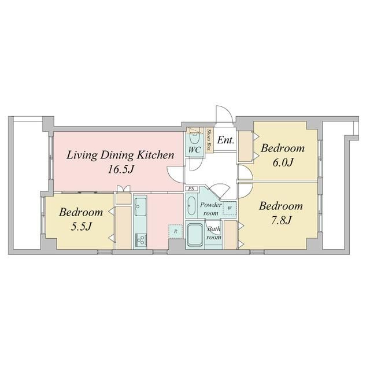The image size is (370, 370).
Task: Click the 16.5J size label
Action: [x=121, y=169]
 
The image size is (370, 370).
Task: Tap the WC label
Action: [x=194, y=150]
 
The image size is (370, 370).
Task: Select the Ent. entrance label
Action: [x=225, y=140]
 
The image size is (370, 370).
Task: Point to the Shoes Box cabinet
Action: [x=209, y=140]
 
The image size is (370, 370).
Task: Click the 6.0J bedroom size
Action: [x=283, y=162]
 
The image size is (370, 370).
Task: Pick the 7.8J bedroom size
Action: [x=282, y=220]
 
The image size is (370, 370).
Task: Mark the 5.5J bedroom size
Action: [x=81, y=227]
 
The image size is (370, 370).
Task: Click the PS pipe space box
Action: [x=191, y=188]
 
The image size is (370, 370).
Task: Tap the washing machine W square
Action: [x=230, y=208]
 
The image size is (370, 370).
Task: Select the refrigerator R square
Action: [x=175, y=231]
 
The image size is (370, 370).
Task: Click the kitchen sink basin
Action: [x=140, y=207]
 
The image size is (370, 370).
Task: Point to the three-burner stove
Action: [x=140, y=240]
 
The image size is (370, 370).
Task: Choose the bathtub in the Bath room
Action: [x=195, y=235]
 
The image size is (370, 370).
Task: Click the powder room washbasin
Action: [x=191, y=206]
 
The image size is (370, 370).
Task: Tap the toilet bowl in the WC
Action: [x=195, y=139]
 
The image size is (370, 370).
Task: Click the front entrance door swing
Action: [x=224, y=114]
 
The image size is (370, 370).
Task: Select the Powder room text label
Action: [x=210, y=209]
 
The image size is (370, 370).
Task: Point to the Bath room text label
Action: [x=214, y=233]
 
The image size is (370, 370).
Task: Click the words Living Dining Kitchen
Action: [x=120, y=156]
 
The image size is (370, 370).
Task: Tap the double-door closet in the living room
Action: [x=123, y=195]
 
